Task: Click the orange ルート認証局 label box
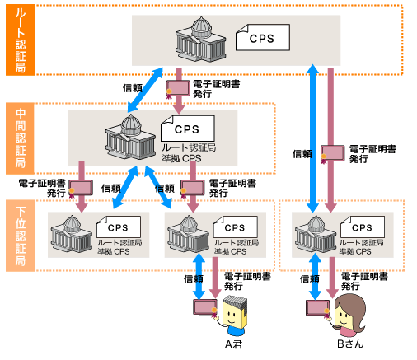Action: click(21, 40)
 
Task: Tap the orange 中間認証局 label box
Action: click(20, 138)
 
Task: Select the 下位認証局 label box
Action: click(21, 236)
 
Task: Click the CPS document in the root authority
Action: click(263, 38)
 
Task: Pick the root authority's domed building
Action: click(201, 40)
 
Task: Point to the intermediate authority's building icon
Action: click(130, 137)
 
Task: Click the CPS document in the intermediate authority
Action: click(188, 129)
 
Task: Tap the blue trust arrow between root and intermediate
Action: click(145, 90)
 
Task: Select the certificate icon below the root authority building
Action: click(178, 89)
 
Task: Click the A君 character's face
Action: click(232, 314)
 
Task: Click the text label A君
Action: click(233, 344)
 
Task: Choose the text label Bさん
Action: click(350, 344)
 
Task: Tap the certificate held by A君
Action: click(205, 307)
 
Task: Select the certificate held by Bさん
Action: click(318, 309)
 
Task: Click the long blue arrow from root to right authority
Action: click(313, 138)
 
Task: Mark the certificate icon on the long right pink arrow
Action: click(333, 154)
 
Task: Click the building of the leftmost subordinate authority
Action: click(72, 234)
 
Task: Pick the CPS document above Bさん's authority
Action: click(363, 227)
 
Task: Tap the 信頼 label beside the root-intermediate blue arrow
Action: click(133, 88)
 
